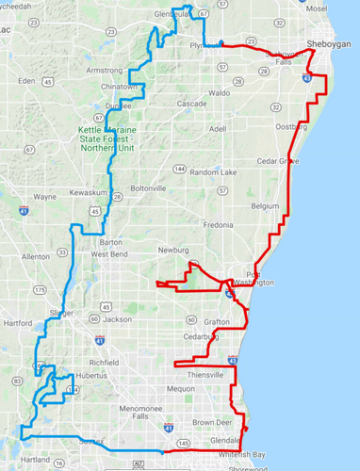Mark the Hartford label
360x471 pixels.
click(18, 322)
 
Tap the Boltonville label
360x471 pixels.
click(148, 188)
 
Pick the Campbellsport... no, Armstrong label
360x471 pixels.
click(105, 70)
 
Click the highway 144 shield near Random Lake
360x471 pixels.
click(179, 169)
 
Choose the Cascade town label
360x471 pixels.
click(191, 103)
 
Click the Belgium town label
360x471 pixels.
click(266, 204)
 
